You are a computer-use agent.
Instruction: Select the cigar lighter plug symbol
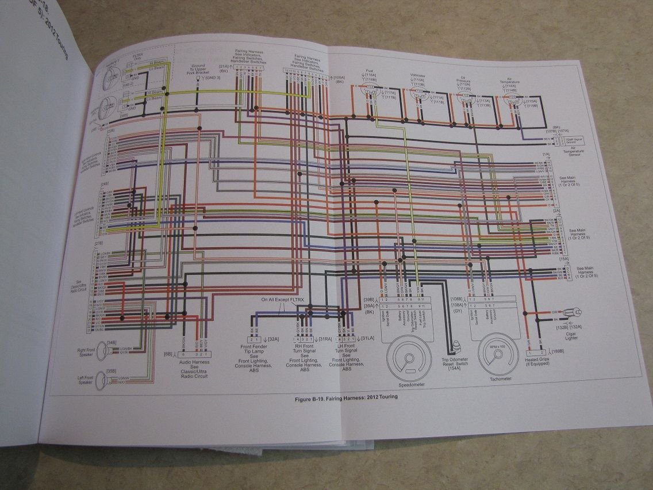click(572, 312)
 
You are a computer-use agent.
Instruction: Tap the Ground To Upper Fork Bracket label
click(198, 71)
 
